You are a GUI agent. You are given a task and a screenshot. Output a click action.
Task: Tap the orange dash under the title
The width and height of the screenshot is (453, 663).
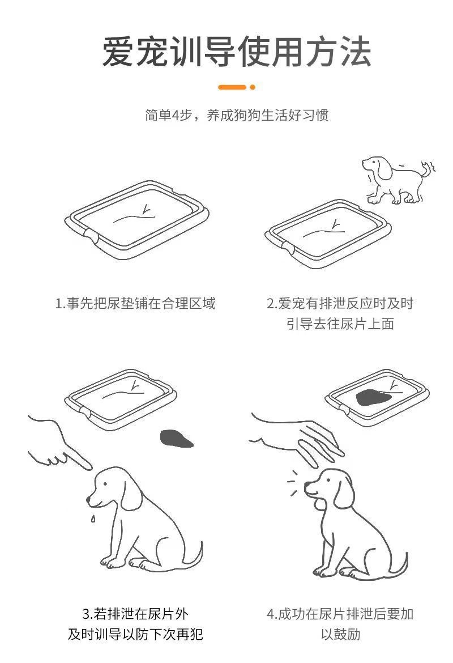232,87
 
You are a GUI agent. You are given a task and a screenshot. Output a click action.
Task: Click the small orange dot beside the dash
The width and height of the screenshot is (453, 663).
253,87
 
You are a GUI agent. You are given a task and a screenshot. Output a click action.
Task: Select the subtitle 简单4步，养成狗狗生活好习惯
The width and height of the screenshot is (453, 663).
237,115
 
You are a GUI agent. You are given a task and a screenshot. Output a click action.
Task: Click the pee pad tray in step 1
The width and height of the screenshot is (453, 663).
137,219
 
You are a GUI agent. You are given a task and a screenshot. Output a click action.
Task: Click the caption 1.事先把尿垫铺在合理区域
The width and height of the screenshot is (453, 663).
135,303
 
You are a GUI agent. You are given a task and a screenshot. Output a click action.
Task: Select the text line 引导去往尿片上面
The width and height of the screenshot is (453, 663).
340,324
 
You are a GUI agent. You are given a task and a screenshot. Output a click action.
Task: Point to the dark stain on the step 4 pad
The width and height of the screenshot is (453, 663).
373,398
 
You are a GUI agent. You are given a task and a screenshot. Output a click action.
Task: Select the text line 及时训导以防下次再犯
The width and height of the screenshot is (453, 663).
135,634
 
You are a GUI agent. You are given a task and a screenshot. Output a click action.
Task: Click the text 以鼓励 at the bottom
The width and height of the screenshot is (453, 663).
340,634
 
